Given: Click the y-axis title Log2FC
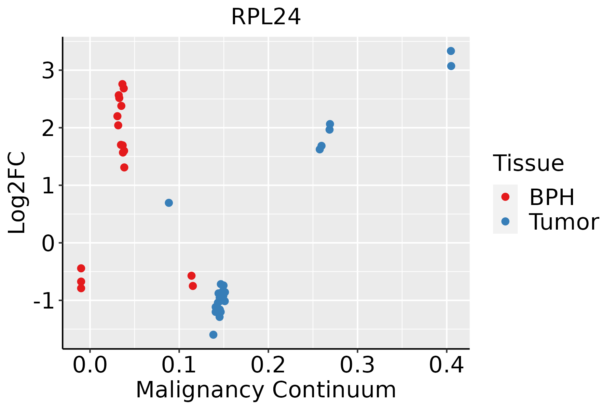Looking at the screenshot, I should point(17,193).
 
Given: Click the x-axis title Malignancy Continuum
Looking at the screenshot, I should point(266,390).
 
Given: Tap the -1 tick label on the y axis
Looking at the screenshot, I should point(44,301).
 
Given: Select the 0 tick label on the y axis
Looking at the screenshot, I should point(48,244).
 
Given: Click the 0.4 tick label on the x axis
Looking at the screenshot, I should point(446,365).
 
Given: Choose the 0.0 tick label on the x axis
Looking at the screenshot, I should point(90,365).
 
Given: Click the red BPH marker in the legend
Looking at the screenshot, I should point(505,197).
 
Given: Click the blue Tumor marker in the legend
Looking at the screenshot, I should point(505,222).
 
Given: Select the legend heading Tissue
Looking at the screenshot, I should point(529,163).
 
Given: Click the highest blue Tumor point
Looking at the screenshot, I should point(451,51).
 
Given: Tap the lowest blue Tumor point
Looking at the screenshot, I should point(213,334).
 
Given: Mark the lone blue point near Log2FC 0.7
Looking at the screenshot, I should point(169,203).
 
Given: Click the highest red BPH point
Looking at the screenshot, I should point(122,84).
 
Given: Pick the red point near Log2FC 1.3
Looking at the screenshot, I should point(124,167).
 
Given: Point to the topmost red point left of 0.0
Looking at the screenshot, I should point(81,268).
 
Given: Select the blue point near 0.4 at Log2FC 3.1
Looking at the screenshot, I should point(451,66).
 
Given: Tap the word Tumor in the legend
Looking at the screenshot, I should point(564,222).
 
